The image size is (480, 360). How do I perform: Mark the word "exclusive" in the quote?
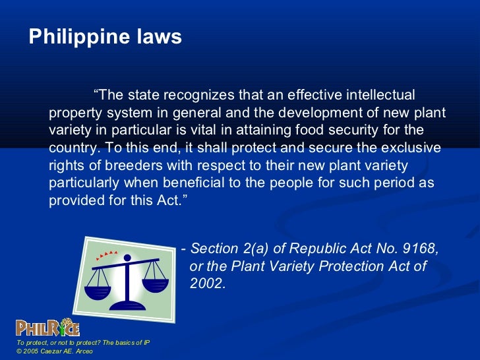coord(413,148)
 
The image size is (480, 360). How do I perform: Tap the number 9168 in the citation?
coord(419,249)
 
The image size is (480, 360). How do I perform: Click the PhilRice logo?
coord(47,328)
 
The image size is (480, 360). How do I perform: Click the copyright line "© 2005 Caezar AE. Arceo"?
coord(56,351)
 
